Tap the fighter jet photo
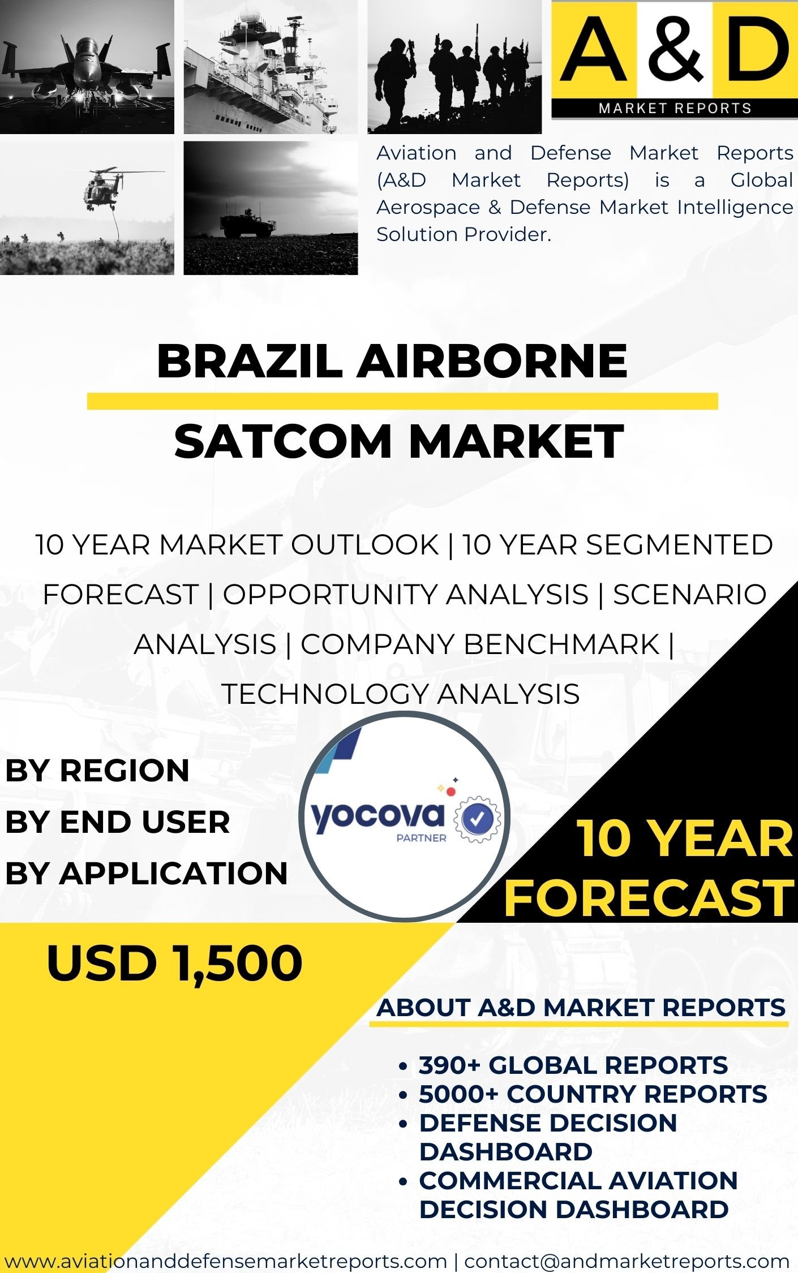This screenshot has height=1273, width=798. coord(87,67)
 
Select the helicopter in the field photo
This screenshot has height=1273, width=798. coord(87,208)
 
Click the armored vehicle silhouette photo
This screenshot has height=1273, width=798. coord(271,208)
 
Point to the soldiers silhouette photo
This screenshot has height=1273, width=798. coord(454,67)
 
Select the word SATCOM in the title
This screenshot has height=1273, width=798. coord(283,441)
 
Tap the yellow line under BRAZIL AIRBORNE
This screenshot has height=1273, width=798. coord(402,401)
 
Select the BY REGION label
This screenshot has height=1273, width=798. coord(97,771)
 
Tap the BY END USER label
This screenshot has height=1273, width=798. coord(118,822)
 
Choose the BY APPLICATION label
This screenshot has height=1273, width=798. coord(147,873)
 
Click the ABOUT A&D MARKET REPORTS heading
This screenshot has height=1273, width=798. coord(581,1008)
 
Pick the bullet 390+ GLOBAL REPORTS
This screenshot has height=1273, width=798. coord(573,1065)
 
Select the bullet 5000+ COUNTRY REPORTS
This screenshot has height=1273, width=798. coord(593,1094)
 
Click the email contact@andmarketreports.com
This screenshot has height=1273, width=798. coord(627,1261)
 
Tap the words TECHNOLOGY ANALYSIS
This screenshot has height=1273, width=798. coord(401,694)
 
